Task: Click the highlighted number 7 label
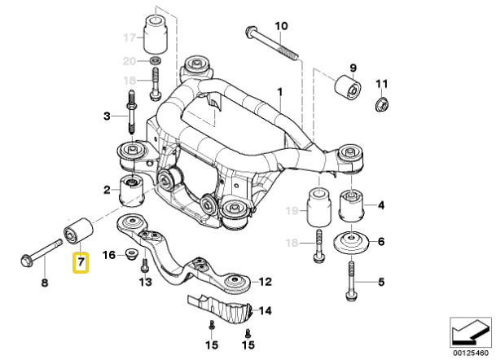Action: click(81, 262)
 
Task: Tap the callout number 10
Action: click(280, 26)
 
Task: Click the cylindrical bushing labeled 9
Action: click(348, 86)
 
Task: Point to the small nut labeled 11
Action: click(380, 103)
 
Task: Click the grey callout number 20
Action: click(128, 61)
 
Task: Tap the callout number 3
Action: click(106, 116)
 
